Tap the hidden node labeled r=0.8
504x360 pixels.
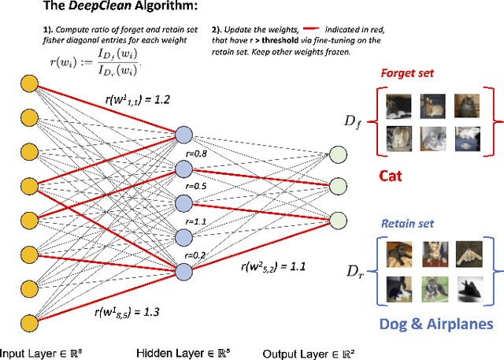(x=183, y=135)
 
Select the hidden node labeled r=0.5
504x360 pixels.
(x=183, y=169)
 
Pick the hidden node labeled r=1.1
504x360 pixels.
(x=183, y=203)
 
